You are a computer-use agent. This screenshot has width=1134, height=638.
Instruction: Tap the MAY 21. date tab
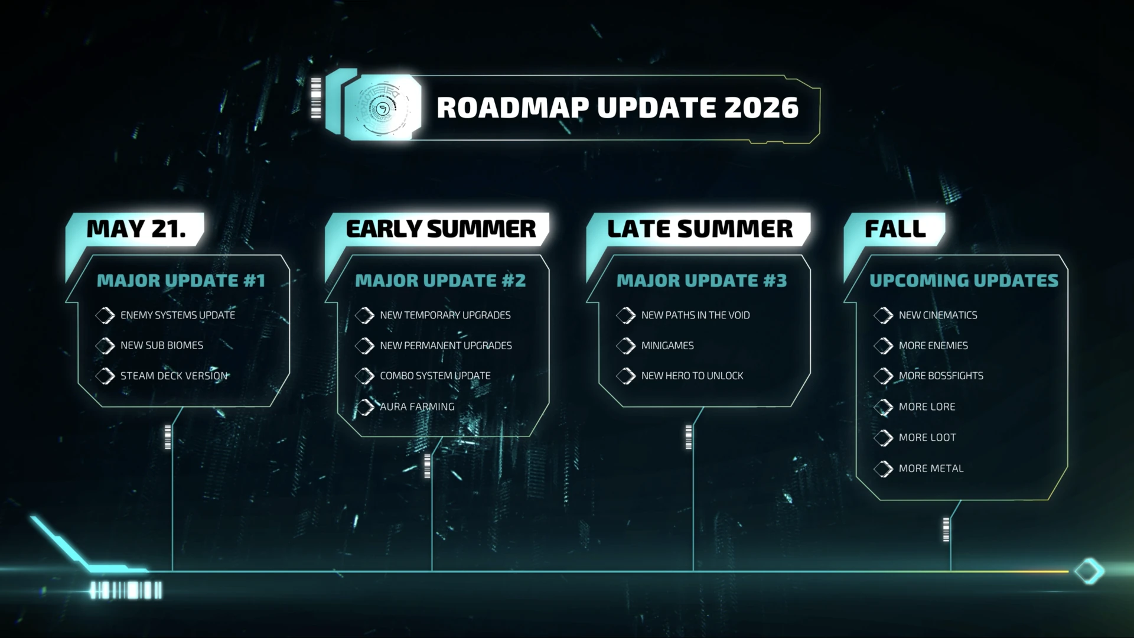coord(136,229)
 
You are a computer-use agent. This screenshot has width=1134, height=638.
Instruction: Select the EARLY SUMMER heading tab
coord(441,229)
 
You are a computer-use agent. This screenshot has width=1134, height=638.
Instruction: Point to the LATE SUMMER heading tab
coord(700,229)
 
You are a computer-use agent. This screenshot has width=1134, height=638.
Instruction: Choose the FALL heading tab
coord(895,229)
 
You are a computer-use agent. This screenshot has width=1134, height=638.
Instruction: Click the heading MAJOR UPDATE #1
coord(181,281)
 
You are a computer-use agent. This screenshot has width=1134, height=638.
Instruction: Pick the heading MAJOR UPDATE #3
coord(702,281)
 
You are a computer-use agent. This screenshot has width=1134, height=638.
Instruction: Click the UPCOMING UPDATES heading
coord(964,281)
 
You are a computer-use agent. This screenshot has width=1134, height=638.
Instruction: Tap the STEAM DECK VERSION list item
coord(174,376)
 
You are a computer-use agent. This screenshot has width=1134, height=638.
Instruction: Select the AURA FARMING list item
coord(417,406)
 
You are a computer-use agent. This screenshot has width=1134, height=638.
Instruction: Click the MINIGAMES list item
coord(667,346)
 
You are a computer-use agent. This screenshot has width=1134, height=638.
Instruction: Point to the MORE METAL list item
coord(931,468)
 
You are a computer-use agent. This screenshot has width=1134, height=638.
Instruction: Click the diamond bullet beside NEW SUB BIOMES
coord(105,346)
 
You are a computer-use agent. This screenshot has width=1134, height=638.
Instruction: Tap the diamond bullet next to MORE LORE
coord(884,407)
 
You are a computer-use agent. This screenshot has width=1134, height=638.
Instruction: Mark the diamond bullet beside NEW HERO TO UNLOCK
coord(626,376)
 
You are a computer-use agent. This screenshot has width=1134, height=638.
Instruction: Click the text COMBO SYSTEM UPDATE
coord(435,376)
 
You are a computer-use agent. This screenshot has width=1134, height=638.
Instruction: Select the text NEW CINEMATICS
coord(938,315)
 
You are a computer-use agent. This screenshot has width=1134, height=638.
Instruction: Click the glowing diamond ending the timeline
coord(1089,571)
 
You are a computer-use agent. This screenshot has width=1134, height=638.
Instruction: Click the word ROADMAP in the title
coord(513,108)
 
